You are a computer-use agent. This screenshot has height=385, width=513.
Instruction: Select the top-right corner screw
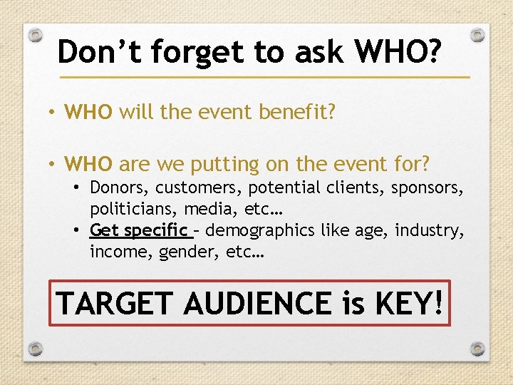pyautogui.click(x=478, y=34)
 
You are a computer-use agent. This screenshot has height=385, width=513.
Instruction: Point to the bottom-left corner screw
pyautogui.click(x=35, y=349)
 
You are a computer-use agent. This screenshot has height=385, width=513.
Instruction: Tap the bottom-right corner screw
pyautogui.click(x=478, y=349)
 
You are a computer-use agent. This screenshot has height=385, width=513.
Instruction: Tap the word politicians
pyautogui.click(x=133, y=210)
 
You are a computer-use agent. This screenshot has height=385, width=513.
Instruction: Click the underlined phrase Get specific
pyautogui.click(x=139, y=231)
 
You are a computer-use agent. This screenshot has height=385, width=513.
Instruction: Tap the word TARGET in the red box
pyautogui.click(x=115, y=303)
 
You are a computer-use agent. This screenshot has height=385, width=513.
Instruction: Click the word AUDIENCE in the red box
pyautogui.click(x=258, y=303)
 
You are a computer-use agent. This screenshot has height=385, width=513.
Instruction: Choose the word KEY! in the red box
pyautogui.click(x=409, y=303)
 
